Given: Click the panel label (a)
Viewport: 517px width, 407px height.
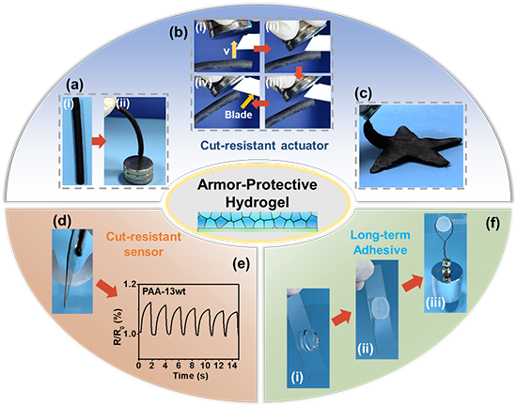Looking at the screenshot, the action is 75,86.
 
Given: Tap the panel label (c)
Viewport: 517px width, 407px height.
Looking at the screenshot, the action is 363,94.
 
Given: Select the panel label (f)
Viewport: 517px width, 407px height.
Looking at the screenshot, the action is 493,224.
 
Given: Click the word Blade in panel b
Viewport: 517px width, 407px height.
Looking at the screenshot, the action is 239,115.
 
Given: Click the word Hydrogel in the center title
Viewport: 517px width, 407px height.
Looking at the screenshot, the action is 258,202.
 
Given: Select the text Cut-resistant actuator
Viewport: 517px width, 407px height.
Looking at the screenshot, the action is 264,146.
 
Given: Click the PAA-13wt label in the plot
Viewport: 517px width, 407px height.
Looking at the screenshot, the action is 164,291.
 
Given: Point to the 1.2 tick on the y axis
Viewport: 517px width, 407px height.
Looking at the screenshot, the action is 130,284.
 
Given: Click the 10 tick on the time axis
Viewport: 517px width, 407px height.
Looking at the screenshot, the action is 206,366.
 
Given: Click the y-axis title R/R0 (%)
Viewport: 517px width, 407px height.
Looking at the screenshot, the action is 117,326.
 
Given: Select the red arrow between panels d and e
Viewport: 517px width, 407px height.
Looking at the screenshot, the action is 107,288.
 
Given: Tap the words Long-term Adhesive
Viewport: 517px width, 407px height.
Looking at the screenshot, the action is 381,243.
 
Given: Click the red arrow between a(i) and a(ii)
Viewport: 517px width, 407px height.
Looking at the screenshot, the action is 99,142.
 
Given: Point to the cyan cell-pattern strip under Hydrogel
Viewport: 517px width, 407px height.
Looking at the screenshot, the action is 258,221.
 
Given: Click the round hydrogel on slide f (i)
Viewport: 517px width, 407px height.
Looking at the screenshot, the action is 309,338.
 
